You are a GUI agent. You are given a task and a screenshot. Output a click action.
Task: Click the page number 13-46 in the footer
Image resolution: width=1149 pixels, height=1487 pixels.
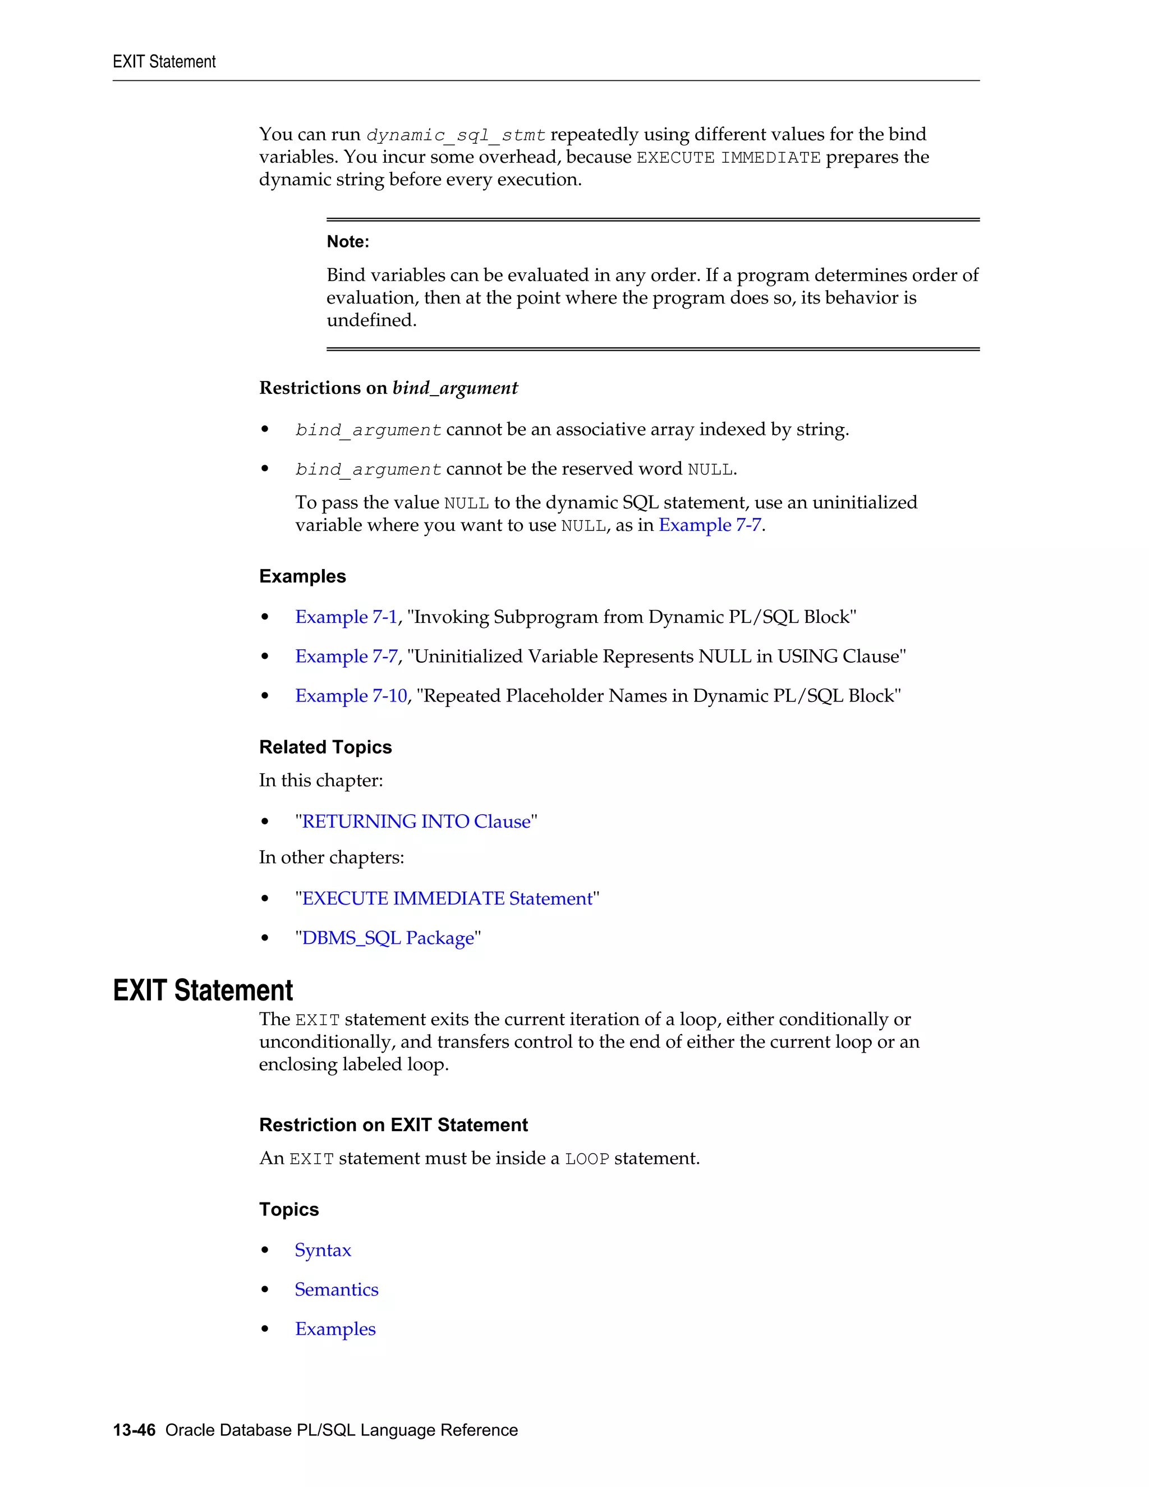pos(134,1430)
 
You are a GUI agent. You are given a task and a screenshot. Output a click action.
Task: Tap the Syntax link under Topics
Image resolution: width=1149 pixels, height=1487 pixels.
pos(323,1250)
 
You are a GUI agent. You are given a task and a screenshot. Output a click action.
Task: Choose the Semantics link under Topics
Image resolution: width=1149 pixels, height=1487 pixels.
pos(336,1289)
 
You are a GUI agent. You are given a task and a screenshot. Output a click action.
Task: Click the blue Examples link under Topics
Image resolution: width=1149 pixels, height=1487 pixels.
pos(335,1329)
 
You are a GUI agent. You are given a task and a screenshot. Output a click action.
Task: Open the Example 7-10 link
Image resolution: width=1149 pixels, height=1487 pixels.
pos(351,696)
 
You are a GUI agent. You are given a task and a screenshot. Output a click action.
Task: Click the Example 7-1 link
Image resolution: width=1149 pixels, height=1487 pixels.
pos(346,617)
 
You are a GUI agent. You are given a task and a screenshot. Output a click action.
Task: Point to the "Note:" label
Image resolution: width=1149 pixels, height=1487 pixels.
pos(348,242)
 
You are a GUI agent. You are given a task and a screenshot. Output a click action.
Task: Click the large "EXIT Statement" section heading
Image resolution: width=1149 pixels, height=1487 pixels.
pos(203,990)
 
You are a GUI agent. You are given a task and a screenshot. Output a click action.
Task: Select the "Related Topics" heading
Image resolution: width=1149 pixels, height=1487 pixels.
pos(325,747)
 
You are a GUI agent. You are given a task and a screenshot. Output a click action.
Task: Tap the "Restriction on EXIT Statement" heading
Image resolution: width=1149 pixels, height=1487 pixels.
pos(393,1125)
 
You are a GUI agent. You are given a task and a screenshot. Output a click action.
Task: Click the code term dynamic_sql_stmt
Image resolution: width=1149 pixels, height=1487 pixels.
pos(456,135)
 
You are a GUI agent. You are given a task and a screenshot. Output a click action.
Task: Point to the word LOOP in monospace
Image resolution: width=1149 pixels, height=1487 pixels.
pos(587,1159)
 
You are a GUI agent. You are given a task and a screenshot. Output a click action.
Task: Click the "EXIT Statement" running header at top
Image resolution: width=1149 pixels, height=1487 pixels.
pos(164,62)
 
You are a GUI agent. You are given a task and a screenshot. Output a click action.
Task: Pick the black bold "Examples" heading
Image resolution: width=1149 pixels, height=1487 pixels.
pos(302,576)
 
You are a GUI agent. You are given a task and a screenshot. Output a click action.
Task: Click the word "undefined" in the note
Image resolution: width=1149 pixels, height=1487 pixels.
pos(371,320)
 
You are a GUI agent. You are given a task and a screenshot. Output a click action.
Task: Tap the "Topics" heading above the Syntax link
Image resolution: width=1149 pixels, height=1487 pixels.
pos(288,1209)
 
